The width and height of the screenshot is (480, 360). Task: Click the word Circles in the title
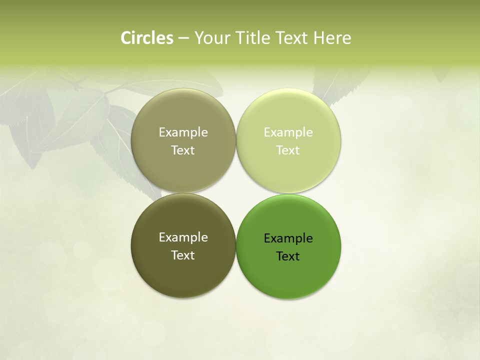(147, 38)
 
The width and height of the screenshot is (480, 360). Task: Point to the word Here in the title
(332, 38)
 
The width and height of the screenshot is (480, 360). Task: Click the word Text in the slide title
(292, 38)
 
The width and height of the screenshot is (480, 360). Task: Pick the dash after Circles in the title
(183, 38)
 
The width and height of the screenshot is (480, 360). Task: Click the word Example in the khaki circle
(183, 132)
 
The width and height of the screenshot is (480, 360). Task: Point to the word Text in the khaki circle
(183, 150)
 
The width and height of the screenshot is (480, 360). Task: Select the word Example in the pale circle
(288, 132)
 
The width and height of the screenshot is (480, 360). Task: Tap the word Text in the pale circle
(288, 150)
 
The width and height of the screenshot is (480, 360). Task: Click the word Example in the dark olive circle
(183, 237)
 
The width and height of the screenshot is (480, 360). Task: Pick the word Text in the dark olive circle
(183, 255)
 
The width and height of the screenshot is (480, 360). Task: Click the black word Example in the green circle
(288, 238)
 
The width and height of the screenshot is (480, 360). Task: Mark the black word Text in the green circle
(288, 256)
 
